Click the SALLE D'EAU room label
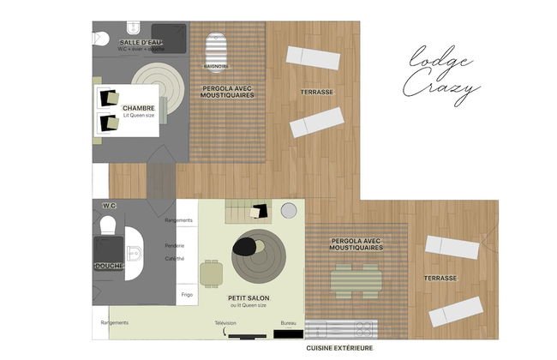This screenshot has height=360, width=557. coord(141,42)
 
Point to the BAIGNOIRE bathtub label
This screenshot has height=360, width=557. coord(215,65)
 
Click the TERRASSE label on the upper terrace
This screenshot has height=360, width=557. coord(316,92)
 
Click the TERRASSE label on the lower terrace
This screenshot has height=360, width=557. coord(440,278)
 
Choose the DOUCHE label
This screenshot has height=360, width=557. coord(109,266)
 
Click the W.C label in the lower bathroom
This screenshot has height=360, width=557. coord(109,206)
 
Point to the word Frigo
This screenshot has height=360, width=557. coord(187,294)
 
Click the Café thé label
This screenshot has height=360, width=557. coord(175,258)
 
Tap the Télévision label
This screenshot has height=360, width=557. coord(225,323)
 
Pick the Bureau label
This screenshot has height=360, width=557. coord(289,323)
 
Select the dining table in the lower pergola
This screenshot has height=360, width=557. coord(356,278)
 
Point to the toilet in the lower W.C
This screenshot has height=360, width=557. coord(109,225)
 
